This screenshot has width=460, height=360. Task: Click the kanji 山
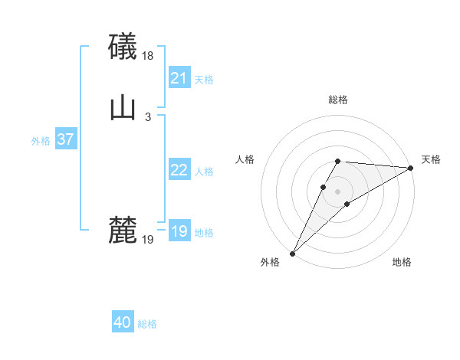tap(123, 108)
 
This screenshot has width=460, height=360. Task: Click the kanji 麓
tap(123, 230)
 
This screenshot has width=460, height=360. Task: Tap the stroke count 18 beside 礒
tap(149, 56)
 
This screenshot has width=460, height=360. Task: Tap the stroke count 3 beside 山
tap(148, 117)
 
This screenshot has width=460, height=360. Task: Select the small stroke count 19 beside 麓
tap(148, 240)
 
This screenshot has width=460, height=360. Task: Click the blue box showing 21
tap(179, 78)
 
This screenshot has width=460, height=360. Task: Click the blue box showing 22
tap(179, 170)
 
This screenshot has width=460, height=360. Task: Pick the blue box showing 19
tap(179, 231)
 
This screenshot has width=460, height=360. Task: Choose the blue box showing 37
tap(65, 139)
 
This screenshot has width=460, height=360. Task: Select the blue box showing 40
tap(122, 322)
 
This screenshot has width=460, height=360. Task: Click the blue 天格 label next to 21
tap(204, 80)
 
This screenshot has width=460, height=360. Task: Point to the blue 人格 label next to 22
tap(204, 172)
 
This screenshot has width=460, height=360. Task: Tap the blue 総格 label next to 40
tap(147, 324)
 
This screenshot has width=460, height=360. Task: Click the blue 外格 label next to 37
tap(41, 141)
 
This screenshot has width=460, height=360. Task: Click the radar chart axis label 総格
tap(338, 100)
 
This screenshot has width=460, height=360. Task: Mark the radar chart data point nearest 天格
tap(411, 168)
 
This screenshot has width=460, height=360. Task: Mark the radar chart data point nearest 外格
tap(292, 254)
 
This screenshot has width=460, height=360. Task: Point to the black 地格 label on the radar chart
tap(402, 263)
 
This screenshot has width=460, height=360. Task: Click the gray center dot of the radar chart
tap(338, 191)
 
